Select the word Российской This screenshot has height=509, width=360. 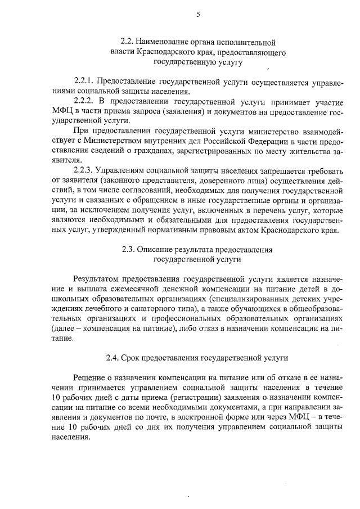[231, 140]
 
